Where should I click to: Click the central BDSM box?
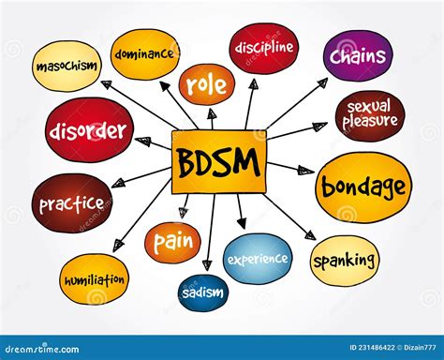218,161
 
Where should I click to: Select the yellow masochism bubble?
67,66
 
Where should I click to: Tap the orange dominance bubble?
144,53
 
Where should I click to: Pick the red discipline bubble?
263,48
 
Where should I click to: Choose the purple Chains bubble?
358,55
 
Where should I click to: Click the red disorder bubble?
88,129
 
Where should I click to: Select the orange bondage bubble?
363,187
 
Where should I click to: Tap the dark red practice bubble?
72,202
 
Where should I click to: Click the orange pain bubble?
172,242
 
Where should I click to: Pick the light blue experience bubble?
258,258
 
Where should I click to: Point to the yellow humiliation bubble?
95,279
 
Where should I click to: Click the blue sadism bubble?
203,293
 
